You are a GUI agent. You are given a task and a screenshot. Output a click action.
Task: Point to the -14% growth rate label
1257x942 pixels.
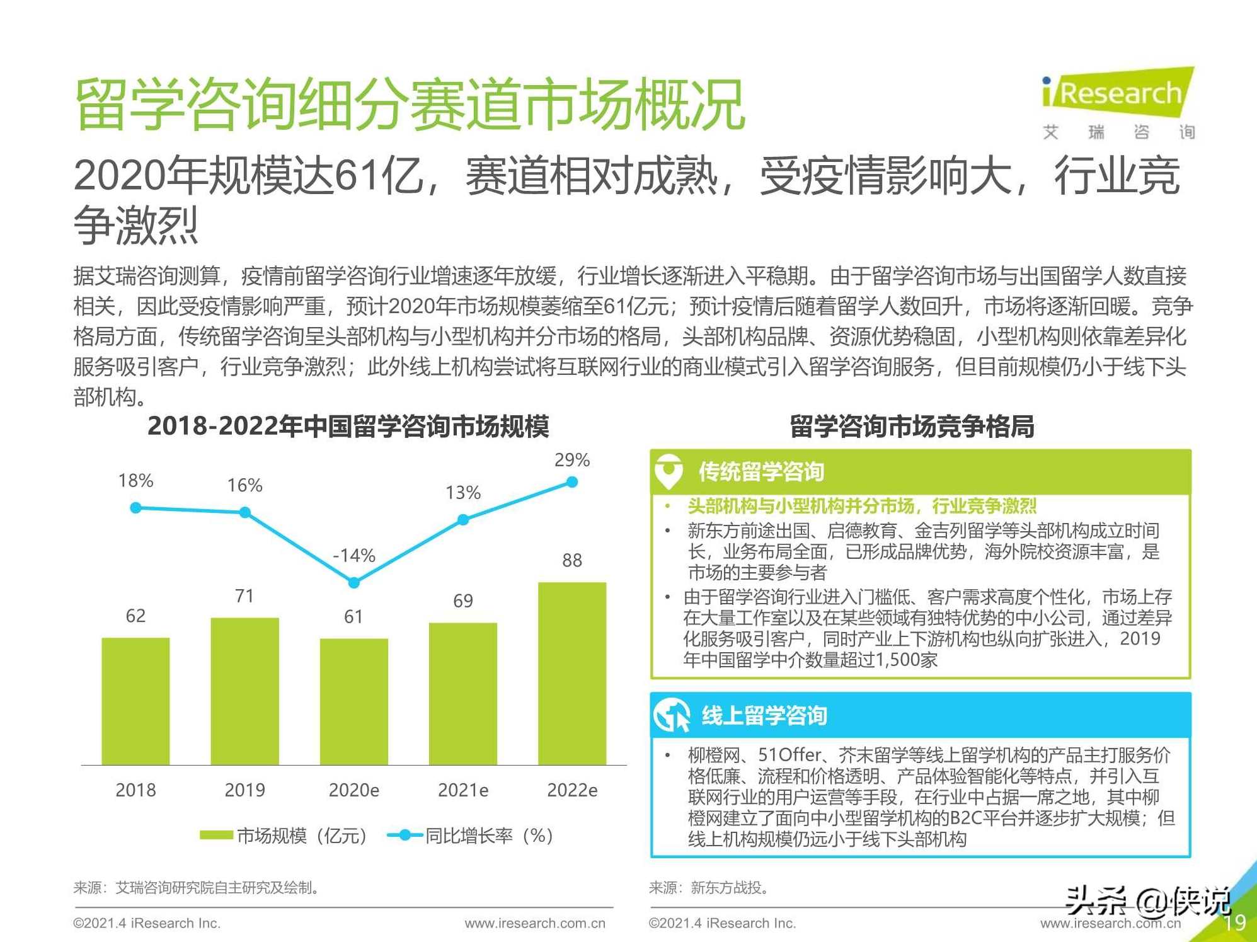point(353,555)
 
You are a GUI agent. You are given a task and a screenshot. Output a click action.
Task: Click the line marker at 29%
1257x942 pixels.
point(571,482)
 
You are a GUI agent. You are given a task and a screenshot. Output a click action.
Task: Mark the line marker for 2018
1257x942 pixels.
point(135,507)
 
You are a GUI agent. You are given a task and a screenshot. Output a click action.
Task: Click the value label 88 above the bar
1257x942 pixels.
point(571,560)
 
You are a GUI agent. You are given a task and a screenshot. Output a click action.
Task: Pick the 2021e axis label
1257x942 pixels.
point(462,790)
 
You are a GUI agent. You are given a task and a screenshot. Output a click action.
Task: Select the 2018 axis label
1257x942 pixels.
point(135,790)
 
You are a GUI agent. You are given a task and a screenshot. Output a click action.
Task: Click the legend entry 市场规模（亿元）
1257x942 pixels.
point(284,836)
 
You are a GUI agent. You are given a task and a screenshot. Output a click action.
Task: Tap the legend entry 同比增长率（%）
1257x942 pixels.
point(471,836)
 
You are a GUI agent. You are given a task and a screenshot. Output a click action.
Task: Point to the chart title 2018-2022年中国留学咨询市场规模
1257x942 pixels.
point(348,426)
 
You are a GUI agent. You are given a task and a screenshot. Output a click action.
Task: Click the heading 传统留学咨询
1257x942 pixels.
point(761,471)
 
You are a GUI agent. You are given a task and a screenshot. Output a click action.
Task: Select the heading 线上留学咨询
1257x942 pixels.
point(764,716)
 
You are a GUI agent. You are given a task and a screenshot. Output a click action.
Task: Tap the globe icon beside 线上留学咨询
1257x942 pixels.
point(672,716)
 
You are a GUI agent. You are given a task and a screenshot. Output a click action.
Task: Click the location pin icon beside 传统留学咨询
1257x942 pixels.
point(669,471)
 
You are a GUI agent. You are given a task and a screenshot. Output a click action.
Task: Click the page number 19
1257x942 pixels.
point(1234,923)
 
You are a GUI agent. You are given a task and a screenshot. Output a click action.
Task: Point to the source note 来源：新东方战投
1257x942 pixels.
point(709,888)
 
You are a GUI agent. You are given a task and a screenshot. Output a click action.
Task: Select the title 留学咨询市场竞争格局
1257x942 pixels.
point(912,426)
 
